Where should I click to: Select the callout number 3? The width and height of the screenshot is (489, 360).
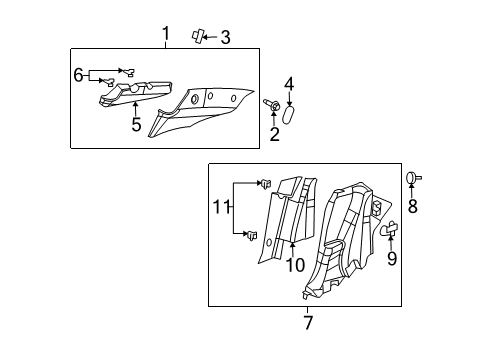point(226,38)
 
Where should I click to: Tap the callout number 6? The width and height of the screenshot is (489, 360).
point(78,73)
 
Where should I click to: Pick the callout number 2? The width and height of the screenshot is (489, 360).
point(274,135)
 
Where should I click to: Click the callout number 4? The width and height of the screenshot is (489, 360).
point(289,85)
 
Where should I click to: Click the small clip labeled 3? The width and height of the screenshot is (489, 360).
point(197,36)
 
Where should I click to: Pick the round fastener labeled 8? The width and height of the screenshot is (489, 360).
point(411,178)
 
